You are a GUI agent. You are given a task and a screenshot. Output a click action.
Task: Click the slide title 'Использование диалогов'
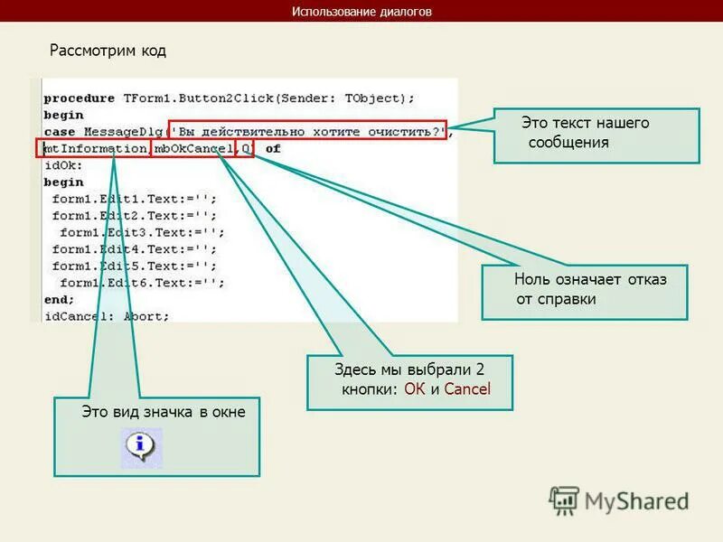(x=361, y=12)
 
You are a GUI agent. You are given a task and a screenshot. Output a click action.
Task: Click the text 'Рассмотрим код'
(x=108, y=51)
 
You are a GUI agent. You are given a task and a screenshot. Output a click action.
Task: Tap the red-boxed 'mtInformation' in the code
(x=94, y=148)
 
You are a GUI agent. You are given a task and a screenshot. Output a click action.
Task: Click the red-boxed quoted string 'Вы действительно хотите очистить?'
(x=308, y=131)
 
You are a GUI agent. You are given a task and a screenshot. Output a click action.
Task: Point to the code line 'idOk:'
(x=63, y=165)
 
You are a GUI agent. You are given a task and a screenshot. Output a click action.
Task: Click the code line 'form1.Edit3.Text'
(x=140, y=232)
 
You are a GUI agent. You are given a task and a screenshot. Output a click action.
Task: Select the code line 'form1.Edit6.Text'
(x=136, y=283)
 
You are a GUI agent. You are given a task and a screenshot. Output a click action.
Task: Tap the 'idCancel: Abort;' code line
(x=107, y=316)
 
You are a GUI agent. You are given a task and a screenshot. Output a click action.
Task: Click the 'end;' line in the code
(x=59, y=299)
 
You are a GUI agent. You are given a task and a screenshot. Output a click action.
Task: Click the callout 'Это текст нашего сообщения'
(x=596, y=134)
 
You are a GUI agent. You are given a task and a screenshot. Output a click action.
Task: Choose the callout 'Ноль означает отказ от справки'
(x=584, y=290)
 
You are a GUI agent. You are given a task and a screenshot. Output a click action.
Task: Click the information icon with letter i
(x=141, y=446)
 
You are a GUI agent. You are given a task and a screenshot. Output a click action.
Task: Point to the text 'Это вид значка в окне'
(x=164, y=413)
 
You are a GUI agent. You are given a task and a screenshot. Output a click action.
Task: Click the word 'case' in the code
(x=60, y=132)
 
